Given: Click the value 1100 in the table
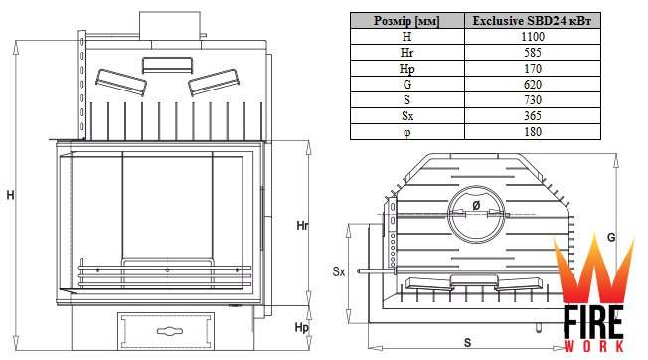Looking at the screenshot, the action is pyautogui.click(x=533, y=37).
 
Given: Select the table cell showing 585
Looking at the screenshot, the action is pyautogui.click(x=533, y=53).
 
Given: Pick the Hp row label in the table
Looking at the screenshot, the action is pyautogui.click(x=407, y=69).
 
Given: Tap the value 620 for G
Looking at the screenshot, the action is pyautogui.click(x=533, y=85).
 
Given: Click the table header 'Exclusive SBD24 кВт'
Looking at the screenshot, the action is pyautogui.click(x=533, y=21).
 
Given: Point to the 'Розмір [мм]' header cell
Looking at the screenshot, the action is pyautogui.click(x=407, y=21).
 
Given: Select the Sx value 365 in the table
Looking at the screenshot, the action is pyautogui.click(x=533, y=116).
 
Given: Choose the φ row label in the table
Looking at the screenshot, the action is pyautogui.click(x=407, y=132).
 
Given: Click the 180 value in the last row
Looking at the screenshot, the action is pyautogui.click(x=533, y=132).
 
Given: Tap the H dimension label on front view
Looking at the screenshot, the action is pyautogui.click(x=10, y=195).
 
